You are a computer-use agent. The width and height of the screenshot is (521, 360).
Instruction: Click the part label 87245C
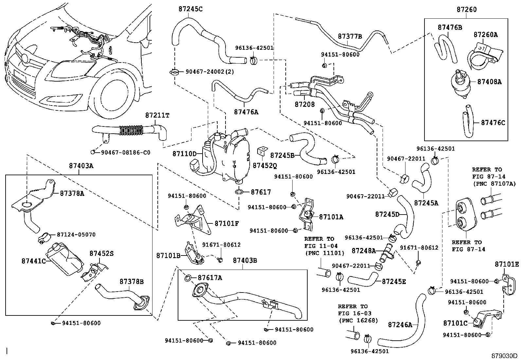(x=190, y=9)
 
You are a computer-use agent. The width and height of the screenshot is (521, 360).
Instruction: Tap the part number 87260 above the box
(x=467, y=10)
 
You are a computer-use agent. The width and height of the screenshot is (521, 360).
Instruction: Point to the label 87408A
(x=489, y=82)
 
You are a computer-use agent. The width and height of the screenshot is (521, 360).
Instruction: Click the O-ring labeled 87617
(x=239, y=191)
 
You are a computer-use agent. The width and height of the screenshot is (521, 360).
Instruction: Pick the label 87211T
(x=157, y=116)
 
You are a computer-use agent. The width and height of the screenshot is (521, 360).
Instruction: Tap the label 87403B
(x=245, y=260)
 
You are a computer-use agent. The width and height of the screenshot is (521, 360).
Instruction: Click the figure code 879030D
(x=504, y=356)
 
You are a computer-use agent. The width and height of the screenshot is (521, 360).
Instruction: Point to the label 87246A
(x=400, y=325)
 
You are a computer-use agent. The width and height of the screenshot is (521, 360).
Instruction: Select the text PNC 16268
(x=358, y=320)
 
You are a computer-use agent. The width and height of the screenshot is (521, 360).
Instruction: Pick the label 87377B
(x=350, y=36)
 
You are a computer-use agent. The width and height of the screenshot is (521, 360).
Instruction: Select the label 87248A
(x=364, y=251)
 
